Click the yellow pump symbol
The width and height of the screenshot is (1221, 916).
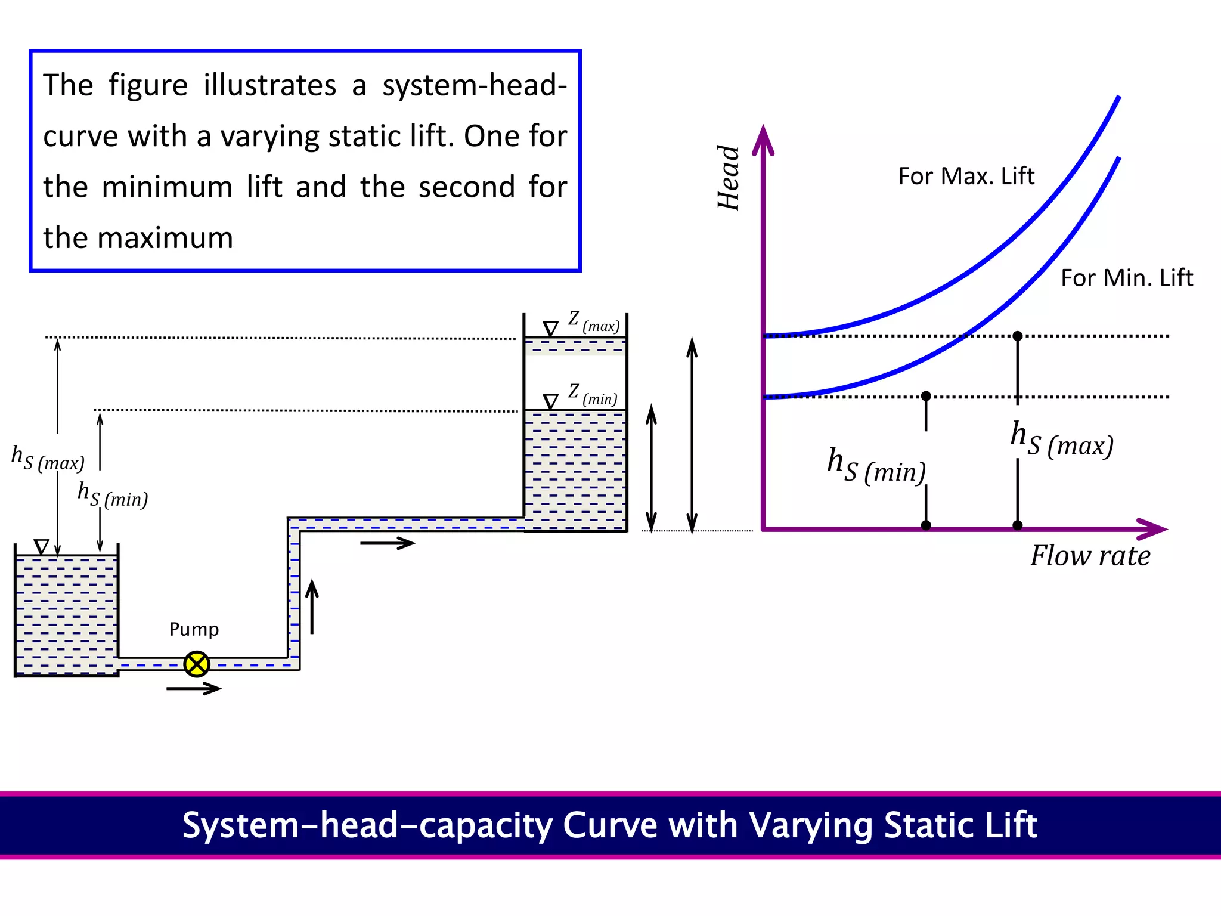[197, 664]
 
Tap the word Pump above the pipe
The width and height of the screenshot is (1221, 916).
[194, 630]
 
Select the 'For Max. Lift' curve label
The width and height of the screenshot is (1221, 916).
[966, 177]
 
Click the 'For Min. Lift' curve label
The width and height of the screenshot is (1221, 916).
[1126, 278]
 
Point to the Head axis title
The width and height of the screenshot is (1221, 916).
[729, 178]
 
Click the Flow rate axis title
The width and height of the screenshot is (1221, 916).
[1090, 556]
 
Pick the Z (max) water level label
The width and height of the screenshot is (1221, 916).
[593, 322]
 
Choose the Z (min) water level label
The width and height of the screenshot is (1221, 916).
[592, 394]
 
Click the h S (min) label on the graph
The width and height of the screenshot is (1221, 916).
[876, 465]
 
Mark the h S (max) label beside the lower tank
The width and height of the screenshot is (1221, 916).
[48, 458]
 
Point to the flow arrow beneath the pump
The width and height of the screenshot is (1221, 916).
[194, 689]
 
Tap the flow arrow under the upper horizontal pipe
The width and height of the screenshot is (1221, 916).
[388, 543]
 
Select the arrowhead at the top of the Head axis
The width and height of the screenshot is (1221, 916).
[763, 140]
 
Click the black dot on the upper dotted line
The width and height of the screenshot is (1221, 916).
[1018, 336]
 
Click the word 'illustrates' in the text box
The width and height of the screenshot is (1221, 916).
[269, 85]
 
